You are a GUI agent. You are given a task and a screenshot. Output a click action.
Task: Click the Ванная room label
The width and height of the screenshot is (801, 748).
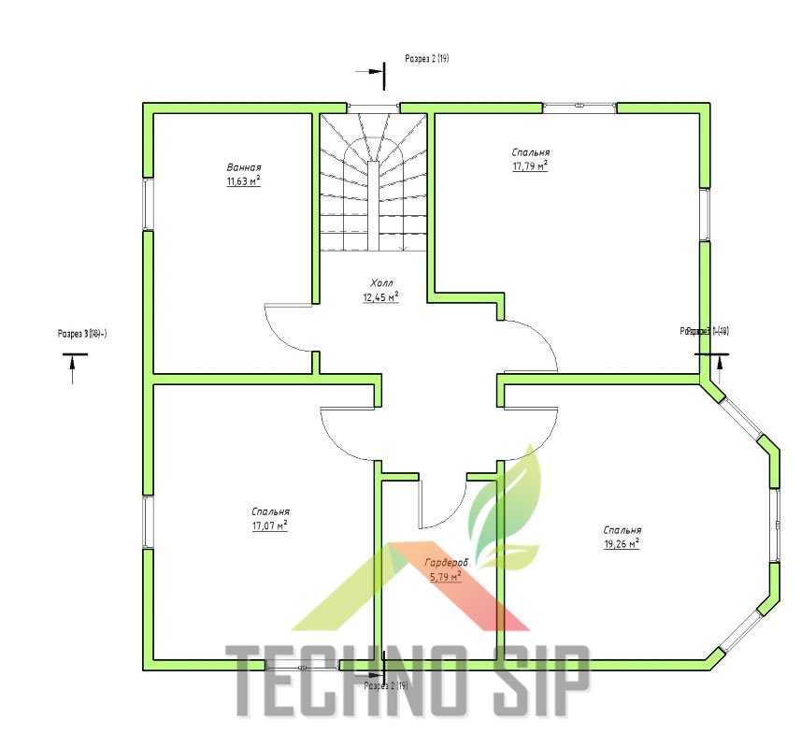(x=243, y=166)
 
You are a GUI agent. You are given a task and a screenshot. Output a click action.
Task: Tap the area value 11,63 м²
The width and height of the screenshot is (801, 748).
(x=243, y=180)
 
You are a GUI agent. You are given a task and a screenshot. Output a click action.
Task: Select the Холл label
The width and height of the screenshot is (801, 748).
(x=381, y=282)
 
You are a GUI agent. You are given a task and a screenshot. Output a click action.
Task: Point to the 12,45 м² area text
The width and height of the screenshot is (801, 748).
(x=381, y=297)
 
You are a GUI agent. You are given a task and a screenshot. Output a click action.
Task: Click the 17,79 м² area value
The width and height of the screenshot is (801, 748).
(x=530, y=166)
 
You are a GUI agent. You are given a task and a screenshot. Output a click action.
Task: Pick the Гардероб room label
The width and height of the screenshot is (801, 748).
(x=446, y=563)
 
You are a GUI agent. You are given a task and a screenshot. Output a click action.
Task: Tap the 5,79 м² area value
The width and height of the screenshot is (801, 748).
(x=446, y=577)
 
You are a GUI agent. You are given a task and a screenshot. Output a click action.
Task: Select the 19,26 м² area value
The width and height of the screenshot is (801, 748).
(x=622, y=542)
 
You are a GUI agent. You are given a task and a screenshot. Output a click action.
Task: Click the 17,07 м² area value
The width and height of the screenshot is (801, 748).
(x=269, y=525)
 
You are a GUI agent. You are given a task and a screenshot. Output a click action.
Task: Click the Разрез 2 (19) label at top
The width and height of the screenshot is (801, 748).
(x=427, y=58)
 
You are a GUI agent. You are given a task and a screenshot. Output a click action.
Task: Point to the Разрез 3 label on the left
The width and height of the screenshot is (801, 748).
(x=82, y=333)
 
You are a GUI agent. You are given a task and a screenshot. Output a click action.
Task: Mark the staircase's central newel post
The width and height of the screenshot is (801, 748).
(x=373, y=206)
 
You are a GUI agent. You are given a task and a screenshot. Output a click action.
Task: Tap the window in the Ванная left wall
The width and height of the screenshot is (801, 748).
(x=147, y=203)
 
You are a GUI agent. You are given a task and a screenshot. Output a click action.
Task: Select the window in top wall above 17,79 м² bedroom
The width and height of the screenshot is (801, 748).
(x=580, y=106)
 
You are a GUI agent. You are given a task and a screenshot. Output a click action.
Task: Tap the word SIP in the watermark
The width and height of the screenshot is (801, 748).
(x=536, y=681)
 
